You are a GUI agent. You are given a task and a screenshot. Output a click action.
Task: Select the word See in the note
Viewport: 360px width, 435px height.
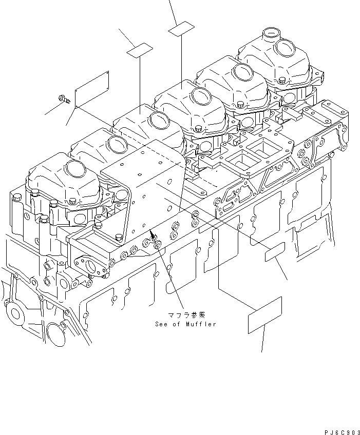coord(162,324)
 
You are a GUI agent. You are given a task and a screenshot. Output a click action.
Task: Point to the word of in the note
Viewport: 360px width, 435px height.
coord(178,324)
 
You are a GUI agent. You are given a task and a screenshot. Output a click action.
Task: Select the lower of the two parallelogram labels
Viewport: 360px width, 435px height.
coord(140,50)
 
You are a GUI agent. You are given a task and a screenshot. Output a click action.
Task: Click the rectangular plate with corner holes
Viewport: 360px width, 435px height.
coord(92,90)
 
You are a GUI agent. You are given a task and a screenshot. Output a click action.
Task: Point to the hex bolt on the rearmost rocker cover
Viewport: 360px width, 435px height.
coord(283,81)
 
